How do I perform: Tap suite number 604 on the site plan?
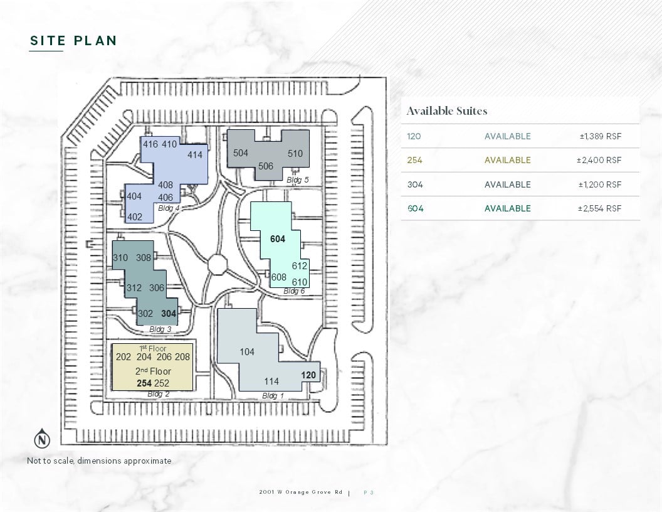[277, 239]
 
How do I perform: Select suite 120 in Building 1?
[308, 375]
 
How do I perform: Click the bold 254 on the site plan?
[144, 383]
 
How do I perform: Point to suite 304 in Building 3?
[169, 314]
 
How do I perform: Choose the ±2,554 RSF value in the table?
[599, 208]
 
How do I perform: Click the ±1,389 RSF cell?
[601, 136]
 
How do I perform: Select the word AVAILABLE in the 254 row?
[508, 160]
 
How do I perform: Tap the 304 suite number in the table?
[415, 184]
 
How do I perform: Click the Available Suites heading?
[447, 111]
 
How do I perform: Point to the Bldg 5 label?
[297, 180]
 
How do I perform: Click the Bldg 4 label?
[169, 208]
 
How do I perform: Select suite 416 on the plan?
[150, 144]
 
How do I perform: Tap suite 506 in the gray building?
[266, 166]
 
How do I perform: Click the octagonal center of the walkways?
[218, 264]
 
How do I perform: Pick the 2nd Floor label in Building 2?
[153, 371]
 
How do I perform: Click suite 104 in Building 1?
[247, 351]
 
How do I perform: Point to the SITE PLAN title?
[73, 41]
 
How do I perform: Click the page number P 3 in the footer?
[369, 493]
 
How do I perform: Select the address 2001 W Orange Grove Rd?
[301, 492]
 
